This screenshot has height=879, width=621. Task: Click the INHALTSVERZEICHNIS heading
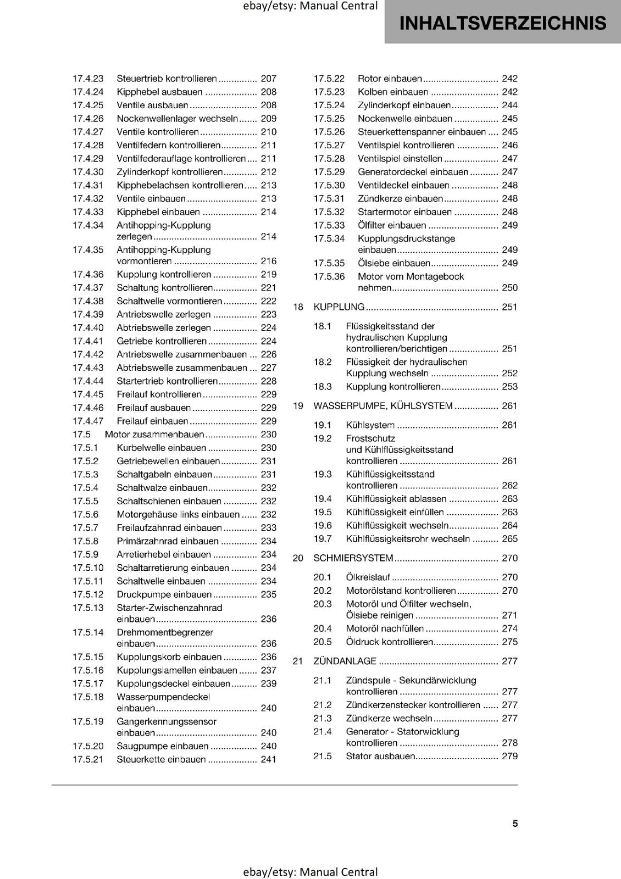coord(502,23)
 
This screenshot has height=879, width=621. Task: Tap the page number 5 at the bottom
coord(515,824)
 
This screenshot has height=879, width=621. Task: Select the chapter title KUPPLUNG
coord(339,307)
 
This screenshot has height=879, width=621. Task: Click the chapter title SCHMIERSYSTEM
coord(353,558)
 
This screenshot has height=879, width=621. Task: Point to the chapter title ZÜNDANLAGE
coord(345,661)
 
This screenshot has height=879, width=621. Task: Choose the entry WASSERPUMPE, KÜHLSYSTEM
coord(382,406)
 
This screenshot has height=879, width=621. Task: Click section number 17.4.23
coord(88,79)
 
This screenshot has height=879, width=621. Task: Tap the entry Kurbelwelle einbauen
coord(161,448)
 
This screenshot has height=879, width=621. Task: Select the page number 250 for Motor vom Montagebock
coord(509,288)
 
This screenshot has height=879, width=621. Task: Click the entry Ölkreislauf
coord(368,577)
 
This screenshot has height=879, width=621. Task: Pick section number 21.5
coord(323,756)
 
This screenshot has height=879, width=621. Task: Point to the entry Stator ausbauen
coord(380,756)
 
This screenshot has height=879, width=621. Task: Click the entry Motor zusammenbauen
coord(154,435)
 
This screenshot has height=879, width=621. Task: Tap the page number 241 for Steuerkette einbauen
coord(268,760)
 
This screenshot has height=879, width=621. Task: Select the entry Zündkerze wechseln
coord(389,719)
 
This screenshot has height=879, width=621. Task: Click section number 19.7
coord(323,539)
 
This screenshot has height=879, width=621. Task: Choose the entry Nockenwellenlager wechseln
coord(177,119)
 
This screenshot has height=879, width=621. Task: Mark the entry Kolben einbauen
coord(392,92)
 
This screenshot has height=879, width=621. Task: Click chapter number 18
coord(298,307)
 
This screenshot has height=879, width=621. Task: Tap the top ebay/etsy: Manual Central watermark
coord(310,6)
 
